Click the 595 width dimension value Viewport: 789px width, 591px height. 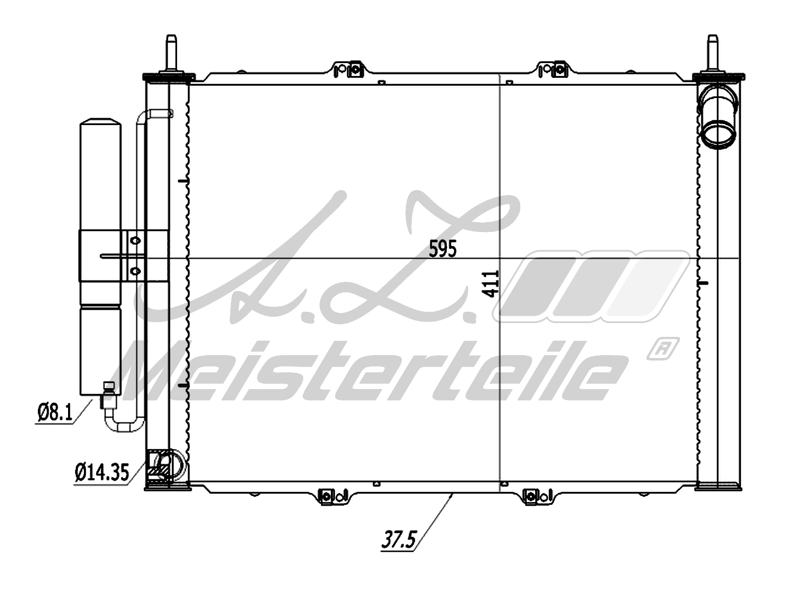[x=443, y=249]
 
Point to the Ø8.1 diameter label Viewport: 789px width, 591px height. [x=54, y=413]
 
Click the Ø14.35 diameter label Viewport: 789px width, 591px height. [x=102, y=473]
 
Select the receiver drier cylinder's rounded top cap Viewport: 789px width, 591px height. [x=101, y=124]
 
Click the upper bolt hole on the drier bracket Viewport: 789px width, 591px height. [x=135, y=240]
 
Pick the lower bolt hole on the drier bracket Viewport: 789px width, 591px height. [x=135, y=271]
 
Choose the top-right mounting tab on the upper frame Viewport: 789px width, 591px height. [x=553, y=69]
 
